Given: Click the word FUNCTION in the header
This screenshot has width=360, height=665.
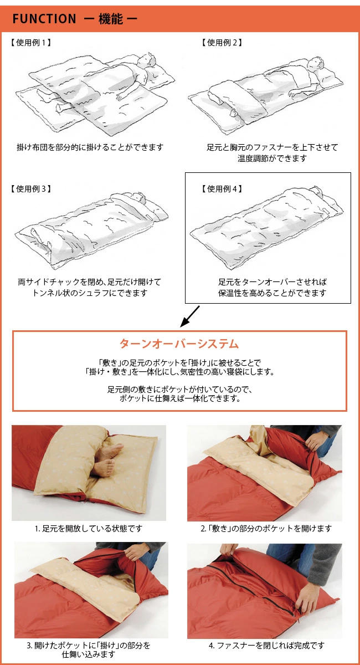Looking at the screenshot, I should click(44, 19).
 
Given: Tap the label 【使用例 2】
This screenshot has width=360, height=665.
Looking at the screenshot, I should click(221, 43).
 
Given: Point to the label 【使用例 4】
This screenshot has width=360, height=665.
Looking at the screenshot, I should click(221, 189).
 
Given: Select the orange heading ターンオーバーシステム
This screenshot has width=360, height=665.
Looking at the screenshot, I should click(179, 344).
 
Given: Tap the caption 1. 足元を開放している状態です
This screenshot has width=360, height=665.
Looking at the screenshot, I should click(89, 529).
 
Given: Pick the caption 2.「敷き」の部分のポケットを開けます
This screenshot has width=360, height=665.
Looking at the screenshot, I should click(266, 529).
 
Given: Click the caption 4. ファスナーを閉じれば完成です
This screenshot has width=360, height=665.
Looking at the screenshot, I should click(266, 645).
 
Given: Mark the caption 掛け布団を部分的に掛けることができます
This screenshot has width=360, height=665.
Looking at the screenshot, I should click(90, 148).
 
